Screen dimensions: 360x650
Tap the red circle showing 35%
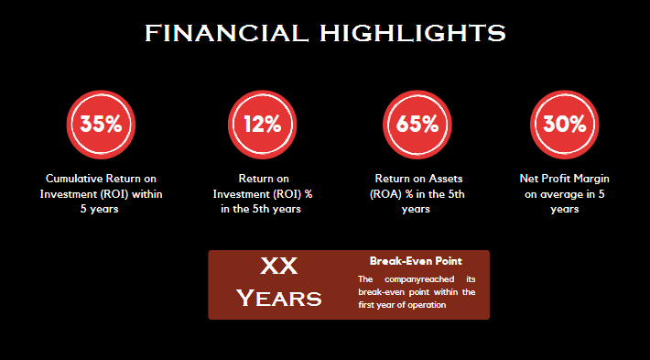(101, 125)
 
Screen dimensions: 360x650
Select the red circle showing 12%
(261, 125)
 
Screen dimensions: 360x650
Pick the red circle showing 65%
(416, 125)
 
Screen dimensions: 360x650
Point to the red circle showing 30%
(564, 125)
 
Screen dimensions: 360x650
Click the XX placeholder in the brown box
(278, 267)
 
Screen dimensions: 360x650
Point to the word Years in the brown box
(278, 298)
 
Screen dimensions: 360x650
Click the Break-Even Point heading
(416, 261)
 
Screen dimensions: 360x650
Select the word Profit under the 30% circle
(556, 179)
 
